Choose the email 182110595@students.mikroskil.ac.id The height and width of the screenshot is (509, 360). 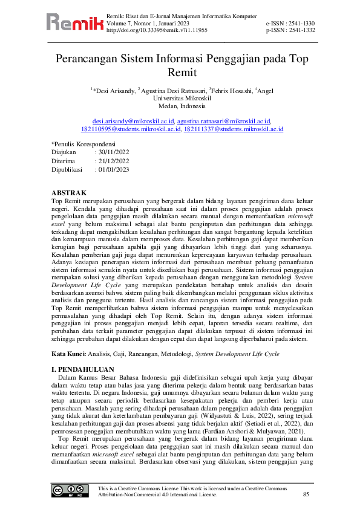point(131,129)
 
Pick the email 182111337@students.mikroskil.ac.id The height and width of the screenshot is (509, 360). point(234,129)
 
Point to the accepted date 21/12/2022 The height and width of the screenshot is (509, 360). point(113,161)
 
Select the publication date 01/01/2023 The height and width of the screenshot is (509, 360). point(113,170)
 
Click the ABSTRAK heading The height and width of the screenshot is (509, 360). point(70,193)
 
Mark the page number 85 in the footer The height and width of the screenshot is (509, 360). point(305,494)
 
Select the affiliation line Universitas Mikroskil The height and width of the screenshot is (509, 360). point(180,97)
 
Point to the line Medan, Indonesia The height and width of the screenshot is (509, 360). point(180,105)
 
